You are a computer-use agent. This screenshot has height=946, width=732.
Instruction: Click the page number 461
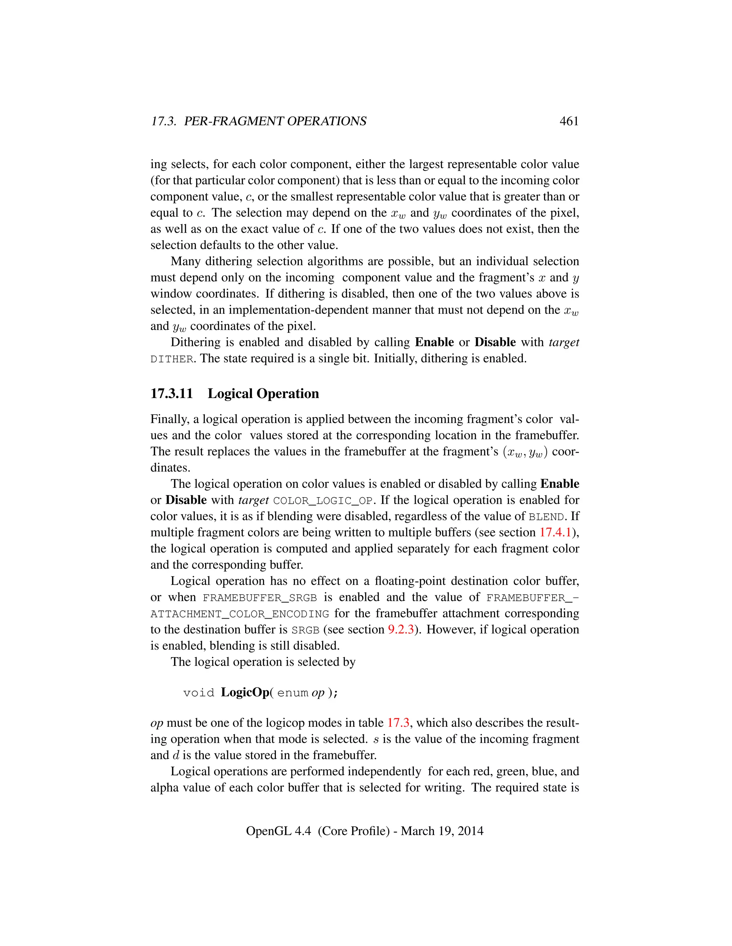coord(569,121)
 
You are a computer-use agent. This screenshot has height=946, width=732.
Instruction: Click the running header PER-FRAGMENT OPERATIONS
coord(275,121)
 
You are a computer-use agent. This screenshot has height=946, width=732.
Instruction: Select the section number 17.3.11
coord(171,393)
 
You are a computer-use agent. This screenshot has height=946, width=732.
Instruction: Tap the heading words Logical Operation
coord(263,393)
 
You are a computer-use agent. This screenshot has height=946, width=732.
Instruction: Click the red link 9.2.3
coord(400,629)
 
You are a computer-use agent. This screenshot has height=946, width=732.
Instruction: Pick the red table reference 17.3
coord(398,723)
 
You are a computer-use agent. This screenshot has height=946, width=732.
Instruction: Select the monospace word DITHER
coord(171,359)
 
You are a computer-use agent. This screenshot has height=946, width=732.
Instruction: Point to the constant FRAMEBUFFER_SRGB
coord(259,598)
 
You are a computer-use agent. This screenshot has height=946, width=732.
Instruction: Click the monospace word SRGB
coord(305,630)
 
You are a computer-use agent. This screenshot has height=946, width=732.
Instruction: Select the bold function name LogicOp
coord(245,692)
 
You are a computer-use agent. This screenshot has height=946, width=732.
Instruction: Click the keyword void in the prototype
coord(199,693)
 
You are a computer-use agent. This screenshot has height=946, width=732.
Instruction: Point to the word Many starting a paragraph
coord(185,262)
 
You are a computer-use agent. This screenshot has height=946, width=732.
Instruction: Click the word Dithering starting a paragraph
coord(195,342)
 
